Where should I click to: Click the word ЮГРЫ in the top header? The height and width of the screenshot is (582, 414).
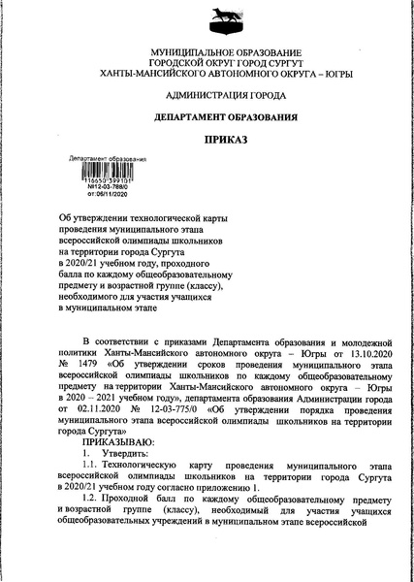coord(334,74)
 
